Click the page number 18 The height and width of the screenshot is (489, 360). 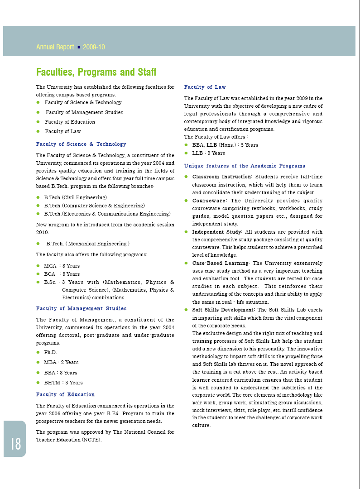pyautogui.click(x=15, y=443)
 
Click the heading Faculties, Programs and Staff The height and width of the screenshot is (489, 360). pyautogui.click(x=96, y=72)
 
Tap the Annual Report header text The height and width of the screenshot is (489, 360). pyautogui.click(x=55, y=47)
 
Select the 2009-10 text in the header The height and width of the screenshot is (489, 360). pyautogui.click(x=94, y=47)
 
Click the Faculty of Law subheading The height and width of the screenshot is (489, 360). pyautogui.click(x=205, y=87)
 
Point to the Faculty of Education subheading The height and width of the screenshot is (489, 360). pyautogui.click(x=65, y=394)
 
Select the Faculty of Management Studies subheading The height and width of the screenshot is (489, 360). pyautogui.click(x=81, y=308)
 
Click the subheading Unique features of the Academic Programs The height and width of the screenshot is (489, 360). pyautogui.click(x=245, y=166)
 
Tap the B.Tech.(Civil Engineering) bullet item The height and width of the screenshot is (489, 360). pyautogui.click(x=75, y=197)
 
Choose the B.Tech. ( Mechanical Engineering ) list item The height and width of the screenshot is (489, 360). pyautogui.click(x=88, y=244)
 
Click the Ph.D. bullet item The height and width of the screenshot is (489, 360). pyautogui.click(x=50, y=352)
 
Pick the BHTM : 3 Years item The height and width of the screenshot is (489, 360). pyautogui.click(x=63, y=383)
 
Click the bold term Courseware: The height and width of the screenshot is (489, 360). pyautogui.click(x=210, y=201)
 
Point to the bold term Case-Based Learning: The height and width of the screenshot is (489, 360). pyautogui.click(x=221, y=263)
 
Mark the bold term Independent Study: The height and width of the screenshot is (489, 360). pyautogui.click(x=217, y=232)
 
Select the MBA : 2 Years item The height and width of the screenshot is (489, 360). pyautogui.click(x=61, y=362)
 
